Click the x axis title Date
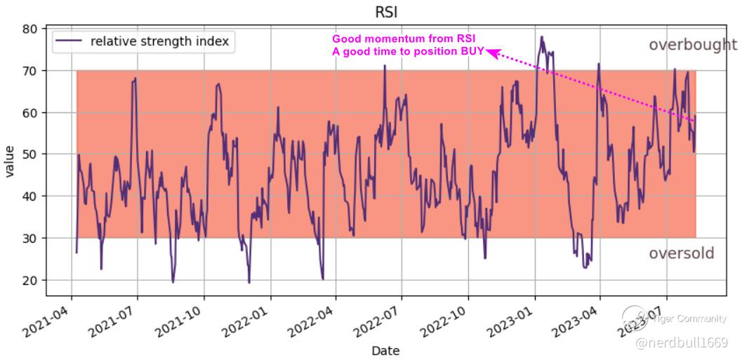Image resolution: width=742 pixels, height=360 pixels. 385,350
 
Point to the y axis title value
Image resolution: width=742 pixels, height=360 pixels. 10,161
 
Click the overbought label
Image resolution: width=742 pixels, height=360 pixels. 692,45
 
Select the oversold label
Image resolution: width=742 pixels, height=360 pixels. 681,253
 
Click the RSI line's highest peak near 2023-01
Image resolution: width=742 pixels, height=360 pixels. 541,37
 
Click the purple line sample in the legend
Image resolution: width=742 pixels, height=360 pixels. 68,41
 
